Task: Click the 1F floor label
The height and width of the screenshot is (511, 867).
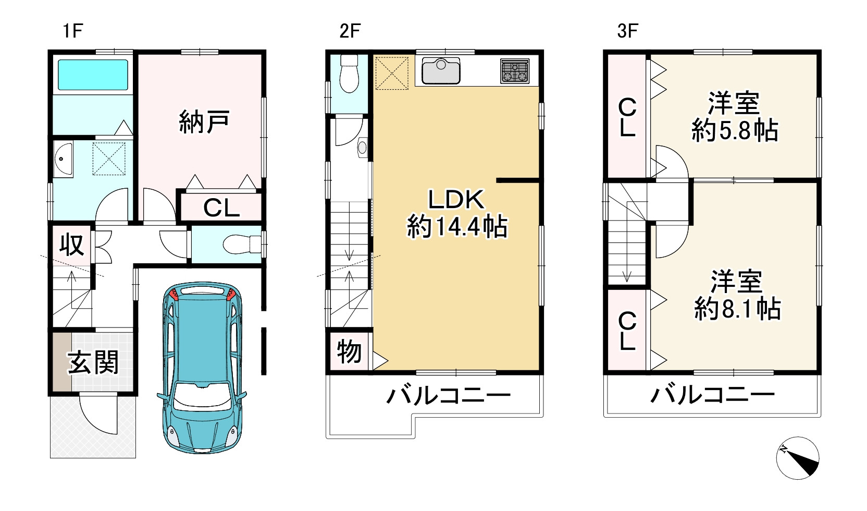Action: (72, 31)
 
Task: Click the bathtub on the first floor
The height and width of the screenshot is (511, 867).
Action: (93, 75)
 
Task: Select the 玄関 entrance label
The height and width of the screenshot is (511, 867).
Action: (93, 362)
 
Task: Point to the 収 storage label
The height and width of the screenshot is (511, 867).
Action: (71, 244)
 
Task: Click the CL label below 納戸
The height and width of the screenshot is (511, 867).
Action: (221, 208)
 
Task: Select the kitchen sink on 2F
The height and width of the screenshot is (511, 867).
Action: (441, 71)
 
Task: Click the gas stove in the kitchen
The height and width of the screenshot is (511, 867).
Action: (514, 71)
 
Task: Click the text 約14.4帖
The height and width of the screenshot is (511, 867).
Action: (457, 227)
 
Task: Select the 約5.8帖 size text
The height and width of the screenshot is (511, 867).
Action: (735, 130)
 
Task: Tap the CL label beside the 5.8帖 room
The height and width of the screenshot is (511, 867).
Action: (627, 118)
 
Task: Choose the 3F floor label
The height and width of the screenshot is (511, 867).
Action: (627, 31)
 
